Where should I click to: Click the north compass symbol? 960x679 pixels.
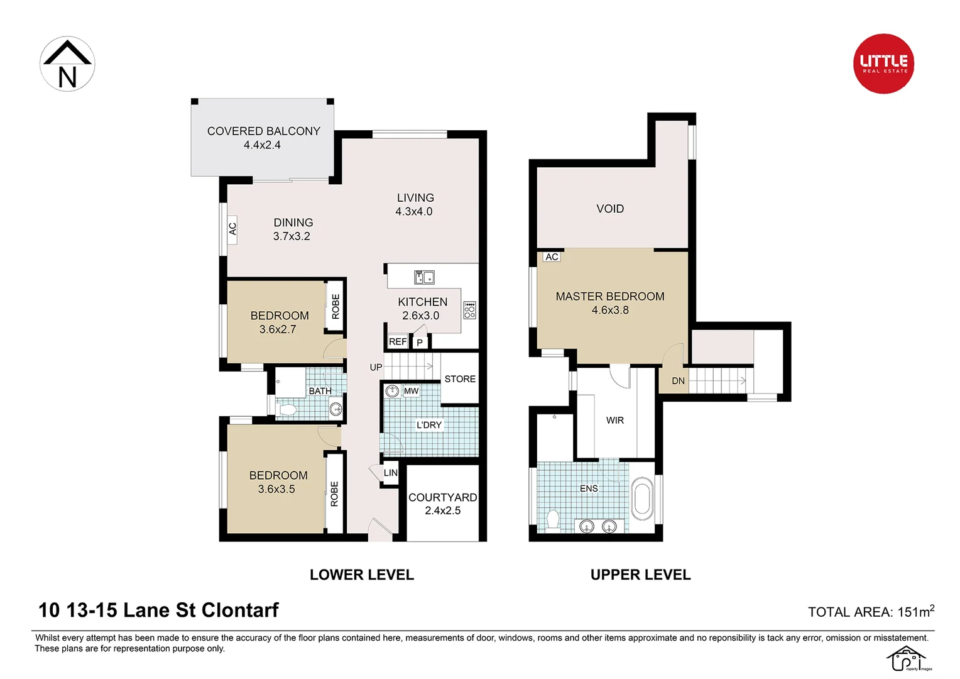(x=67, y=63)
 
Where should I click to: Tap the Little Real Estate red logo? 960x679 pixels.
(x=883, y=63)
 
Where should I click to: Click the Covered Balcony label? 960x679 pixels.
(x=263, y=138)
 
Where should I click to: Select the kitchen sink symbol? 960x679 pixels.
(x=424, y=277)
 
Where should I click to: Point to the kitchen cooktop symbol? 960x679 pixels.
(x=469, y=310)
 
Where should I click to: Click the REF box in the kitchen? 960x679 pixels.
(x=397, y=341)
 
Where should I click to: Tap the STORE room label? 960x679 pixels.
(x=460, y=378)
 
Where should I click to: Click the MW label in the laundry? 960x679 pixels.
(x=411, y=390)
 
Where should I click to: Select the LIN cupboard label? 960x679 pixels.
(x=390, y=473)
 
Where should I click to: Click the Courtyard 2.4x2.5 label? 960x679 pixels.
(x=442, y=504)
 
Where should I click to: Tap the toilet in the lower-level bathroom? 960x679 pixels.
(x=287, y=411)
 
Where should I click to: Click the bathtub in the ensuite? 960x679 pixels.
(x=642, y=499)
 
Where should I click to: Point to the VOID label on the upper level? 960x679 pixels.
(x=610, y=209)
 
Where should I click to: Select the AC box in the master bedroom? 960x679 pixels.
(x=552, y=257)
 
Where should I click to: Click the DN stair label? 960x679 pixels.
(x=678, y=380)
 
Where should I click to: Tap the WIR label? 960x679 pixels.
(x=614, y=420)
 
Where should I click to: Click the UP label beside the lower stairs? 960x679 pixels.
(x=376, y=367)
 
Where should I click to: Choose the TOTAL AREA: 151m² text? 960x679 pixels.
(x=870, y=611)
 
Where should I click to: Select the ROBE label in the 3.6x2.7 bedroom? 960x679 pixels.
(x=335, y=306)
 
